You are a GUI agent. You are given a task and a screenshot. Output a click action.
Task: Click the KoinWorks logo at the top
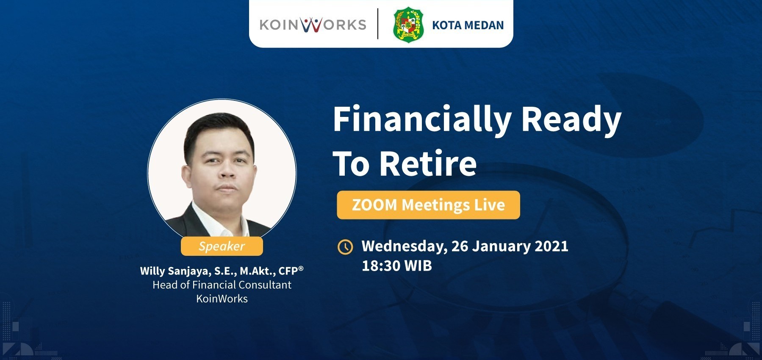[x=313, y=25]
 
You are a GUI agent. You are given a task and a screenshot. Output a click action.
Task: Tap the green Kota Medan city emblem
[x=408, y=24]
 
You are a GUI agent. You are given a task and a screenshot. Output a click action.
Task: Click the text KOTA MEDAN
[x=468, y=25]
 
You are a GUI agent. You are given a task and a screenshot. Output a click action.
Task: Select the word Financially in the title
[x=421, y=120]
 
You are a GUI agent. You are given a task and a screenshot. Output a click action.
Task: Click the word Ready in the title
[x=571, y=120]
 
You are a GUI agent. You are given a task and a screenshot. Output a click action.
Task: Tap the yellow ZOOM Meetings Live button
[x=428, y=205]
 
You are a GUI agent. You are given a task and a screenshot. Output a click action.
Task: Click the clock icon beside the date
[x=345, y=246]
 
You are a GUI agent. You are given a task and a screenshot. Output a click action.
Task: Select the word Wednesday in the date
[x=404, y=246]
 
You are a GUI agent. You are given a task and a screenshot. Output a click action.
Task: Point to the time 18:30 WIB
[x=396, y=266]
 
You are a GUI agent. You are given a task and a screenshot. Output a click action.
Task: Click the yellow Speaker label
[x=222, y=246]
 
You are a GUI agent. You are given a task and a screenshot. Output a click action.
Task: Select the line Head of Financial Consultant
[x=222, y=285]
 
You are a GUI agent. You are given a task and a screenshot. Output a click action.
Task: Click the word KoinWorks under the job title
[x=222, y=299]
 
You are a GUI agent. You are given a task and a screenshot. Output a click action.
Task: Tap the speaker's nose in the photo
[x=227, y=172]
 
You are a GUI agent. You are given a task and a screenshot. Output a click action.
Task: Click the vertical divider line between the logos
[x=378, y=24]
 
